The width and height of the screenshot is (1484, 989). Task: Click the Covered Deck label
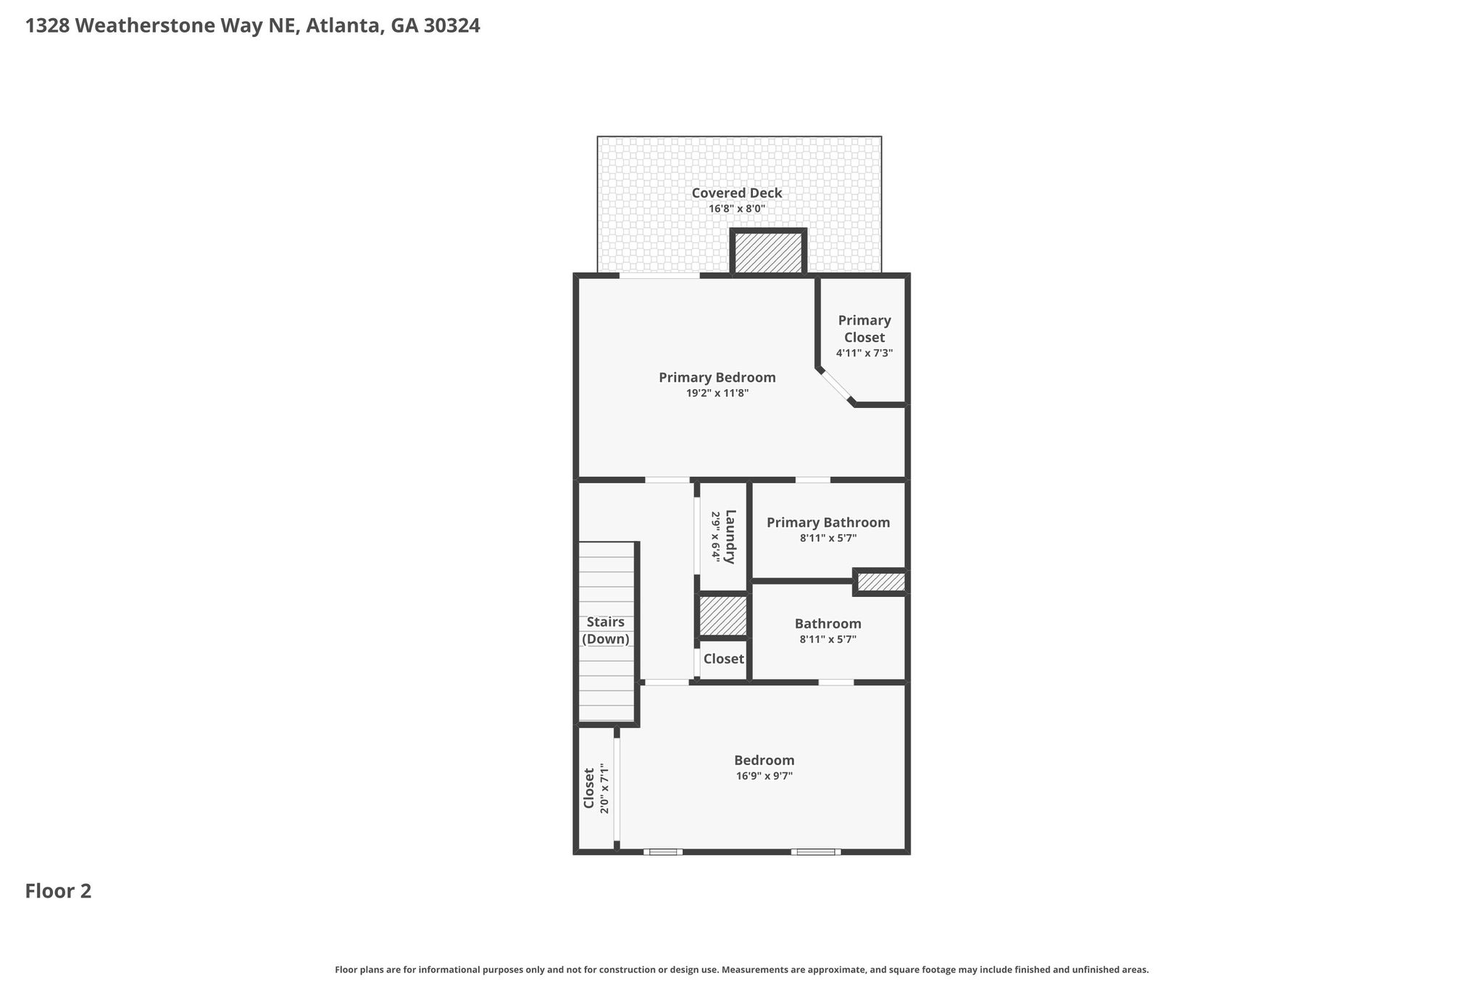click(x=737, y=193)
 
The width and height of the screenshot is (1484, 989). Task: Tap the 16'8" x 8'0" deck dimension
click(x=737, y=209)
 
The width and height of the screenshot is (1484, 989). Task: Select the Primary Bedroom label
click(x=717, y=377)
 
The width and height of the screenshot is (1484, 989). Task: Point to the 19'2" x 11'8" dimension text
click(x=717, y=393)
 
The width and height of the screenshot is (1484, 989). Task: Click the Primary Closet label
click(x=864, y=329)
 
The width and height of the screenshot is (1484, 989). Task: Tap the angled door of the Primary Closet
click(x=837, y=386)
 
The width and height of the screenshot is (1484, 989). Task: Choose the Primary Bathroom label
click(x=828, y=522)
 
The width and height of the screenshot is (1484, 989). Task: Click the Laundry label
click(x=730, y=537)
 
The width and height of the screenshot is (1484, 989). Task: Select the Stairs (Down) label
click(x=606, y=630)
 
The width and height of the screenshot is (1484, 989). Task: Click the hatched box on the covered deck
click(x=768, y=253)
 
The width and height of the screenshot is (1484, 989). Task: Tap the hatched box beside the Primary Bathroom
click(x=881, y=582)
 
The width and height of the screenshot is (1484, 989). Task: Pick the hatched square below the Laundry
click(x=722, y=616)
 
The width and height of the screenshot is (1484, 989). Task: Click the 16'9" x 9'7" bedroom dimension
click(x=764, y=776)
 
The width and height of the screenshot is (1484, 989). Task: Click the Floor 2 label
click(x=59, y=891)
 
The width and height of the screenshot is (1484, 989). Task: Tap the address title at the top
click(x=253, y=26)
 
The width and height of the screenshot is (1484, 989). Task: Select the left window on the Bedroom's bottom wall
click(x=663, y=851)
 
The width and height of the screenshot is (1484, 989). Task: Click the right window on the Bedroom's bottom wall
click(x=816, y=851)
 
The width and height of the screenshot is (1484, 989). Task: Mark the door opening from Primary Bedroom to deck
click(x=659, y=275)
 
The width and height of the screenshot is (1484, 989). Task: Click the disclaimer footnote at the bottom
click(x=742, y=969)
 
